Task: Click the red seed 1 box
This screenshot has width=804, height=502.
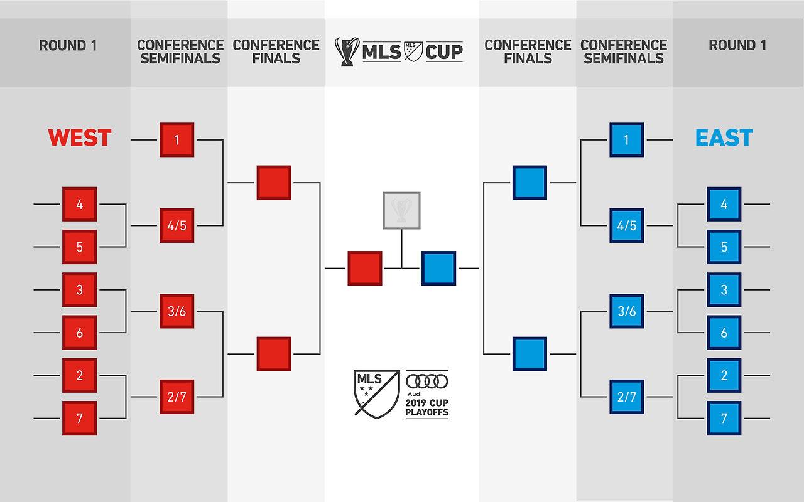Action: [177, 139]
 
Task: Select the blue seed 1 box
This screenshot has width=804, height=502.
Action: [626, 139]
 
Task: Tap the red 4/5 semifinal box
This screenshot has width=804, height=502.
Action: [177, 225]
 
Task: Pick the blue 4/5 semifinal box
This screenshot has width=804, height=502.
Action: [626, 225]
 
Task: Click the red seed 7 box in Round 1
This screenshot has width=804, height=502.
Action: [79, 418]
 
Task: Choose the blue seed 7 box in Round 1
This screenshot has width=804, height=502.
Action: [724, 418]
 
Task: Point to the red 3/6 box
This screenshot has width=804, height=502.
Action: [177, 311]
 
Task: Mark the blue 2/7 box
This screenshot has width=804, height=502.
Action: [626, 397]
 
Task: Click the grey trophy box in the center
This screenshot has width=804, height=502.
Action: [401, 210]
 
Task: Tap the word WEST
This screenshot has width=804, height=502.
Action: [80, 138]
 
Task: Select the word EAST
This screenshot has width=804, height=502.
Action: [724, 138]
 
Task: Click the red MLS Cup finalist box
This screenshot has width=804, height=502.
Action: [365, 268]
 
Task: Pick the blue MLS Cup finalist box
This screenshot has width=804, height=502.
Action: [438, 268]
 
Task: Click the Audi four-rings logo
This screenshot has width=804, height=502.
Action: [426, 381]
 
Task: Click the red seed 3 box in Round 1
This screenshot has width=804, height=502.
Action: [79, 290]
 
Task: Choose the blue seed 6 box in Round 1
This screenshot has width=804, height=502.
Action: [724, 333]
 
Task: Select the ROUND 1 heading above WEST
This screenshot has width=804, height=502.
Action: [68, 45]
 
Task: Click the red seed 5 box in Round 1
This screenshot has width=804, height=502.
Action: [79, 247]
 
